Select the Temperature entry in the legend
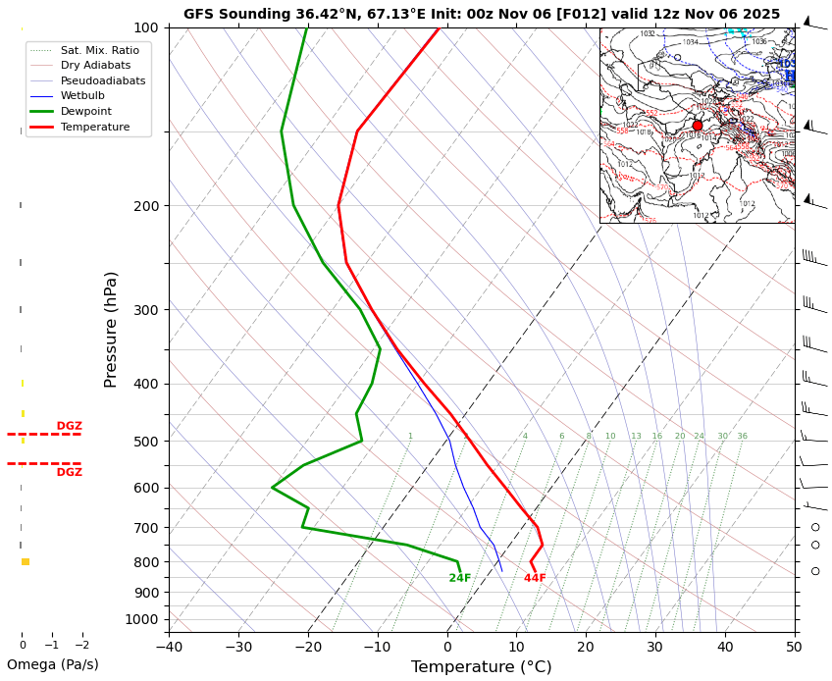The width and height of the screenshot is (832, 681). [x=94, y=127]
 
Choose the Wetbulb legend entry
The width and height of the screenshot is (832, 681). [x=83, y=96]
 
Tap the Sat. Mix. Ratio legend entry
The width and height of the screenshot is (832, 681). [x=99, y=50]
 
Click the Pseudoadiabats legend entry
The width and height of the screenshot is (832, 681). [x=103, y=80]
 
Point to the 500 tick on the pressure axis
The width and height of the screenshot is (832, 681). [x=146, y=442]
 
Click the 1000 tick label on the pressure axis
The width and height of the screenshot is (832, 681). [x=142, y=619]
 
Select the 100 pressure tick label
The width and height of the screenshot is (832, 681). [x=146, y=27]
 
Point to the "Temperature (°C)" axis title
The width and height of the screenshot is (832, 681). [x=481, y=667]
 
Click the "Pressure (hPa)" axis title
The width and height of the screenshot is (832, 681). [x=111, y=329]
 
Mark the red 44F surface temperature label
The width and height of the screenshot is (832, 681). [x=535, y=578]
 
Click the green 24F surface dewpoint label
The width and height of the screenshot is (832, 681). [x=460, y=578]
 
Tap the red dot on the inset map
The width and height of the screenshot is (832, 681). [x=698, y=126]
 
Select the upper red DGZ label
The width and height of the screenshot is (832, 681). [x=69, y=426]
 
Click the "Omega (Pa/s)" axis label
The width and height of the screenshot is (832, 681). [x=53, y=664]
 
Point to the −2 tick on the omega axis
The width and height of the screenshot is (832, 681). [x=82, y=646]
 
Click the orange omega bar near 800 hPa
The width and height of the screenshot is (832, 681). [x=26, y=561]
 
